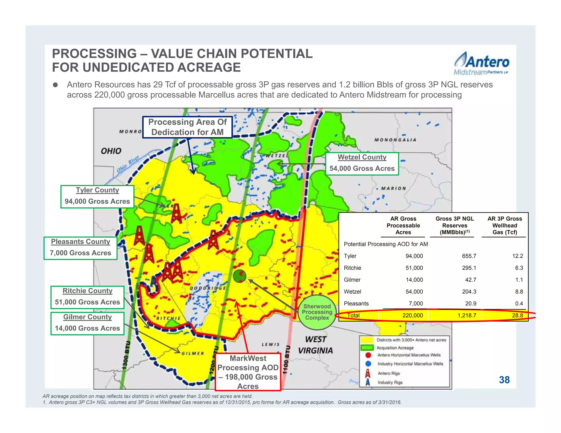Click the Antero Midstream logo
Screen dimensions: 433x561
[482, 64]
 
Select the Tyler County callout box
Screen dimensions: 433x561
[97, 197]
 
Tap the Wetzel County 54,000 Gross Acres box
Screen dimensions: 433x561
[362, 164]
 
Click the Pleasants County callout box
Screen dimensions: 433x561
[81, 248]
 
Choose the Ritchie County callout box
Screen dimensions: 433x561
[87, 297]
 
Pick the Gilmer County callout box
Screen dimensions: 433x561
[87, 323]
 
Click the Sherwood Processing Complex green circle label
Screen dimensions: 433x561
[317, 312]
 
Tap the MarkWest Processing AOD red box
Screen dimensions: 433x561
[248, 372]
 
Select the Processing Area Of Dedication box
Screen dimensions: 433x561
[187, 127]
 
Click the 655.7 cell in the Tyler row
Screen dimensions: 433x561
[469, 256]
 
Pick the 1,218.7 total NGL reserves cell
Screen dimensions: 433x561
[467, 315]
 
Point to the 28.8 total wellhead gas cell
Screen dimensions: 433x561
[517, 315]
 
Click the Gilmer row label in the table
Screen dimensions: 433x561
[352, 280]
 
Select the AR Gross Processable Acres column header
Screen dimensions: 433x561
[403, 225]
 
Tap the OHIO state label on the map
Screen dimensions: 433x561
[111, 151]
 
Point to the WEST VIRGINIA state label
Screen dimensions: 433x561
[315, 345]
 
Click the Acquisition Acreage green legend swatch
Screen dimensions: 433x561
[367, 348]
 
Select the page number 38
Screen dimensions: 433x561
[504, 380]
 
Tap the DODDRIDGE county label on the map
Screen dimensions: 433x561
[208, 288]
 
